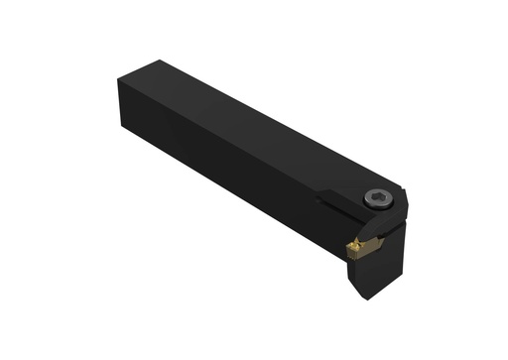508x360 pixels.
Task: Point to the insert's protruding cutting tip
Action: (348, 245)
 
